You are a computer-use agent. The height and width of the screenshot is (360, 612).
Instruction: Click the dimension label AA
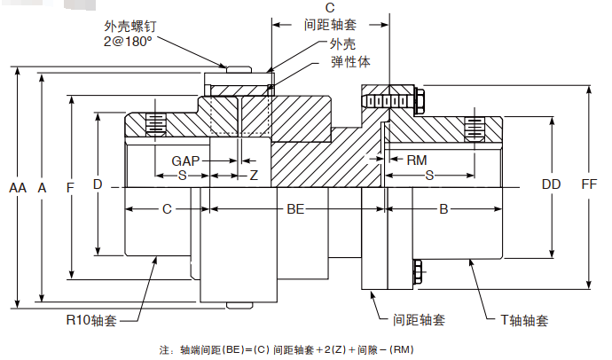pyautogui.click(x=18, y=187)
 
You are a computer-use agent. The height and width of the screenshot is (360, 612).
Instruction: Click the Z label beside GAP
pyautogui.click(x=254, y=176)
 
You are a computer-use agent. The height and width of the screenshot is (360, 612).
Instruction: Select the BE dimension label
pyautogui.click(x=295, y=209)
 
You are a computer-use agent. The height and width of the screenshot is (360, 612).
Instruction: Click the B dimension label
pyautogui.click(x=444, y=209)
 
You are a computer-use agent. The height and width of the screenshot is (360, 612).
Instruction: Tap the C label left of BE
pyautogui.click(x=167, y=209)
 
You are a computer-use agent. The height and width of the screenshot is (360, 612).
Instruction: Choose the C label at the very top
pyautogui.click(x=330, y=8)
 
